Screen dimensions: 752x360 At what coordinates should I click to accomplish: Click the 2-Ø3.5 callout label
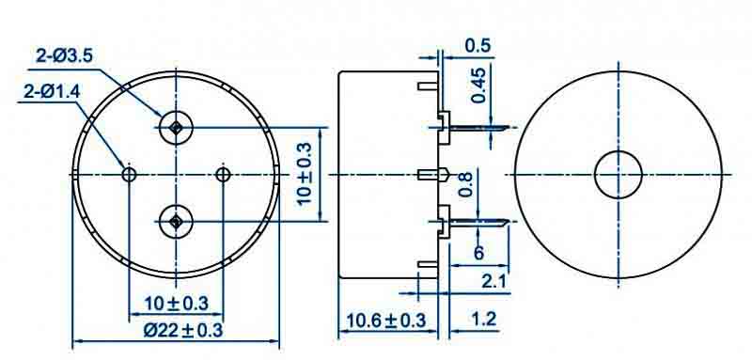[x=64, y=56]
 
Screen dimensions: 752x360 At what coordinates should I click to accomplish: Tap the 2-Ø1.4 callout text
[x=52, y=91]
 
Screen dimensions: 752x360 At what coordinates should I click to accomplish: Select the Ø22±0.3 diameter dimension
[x=182, y=330]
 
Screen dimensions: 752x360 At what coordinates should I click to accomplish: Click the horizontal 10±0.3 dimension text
[x=177, y=304]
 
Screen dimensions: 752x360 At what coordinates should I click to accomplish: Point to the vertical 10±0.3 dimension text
[x=305, y=174]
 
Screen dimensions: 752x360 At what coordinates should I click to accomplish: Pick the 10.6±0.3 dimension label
[x=386, y=321]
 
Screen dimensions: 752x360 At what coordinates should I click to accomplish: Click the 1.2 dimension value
[x=483, y=319]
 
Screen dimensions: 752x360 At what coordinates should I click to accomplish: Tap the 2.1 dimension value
[x=494, y=282]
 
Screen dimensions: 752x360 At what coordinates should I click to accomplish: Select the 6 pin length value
[x=478, y=253]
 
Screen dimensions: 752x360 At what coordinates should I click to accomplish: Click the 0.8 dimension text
[x=466, y=184]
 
